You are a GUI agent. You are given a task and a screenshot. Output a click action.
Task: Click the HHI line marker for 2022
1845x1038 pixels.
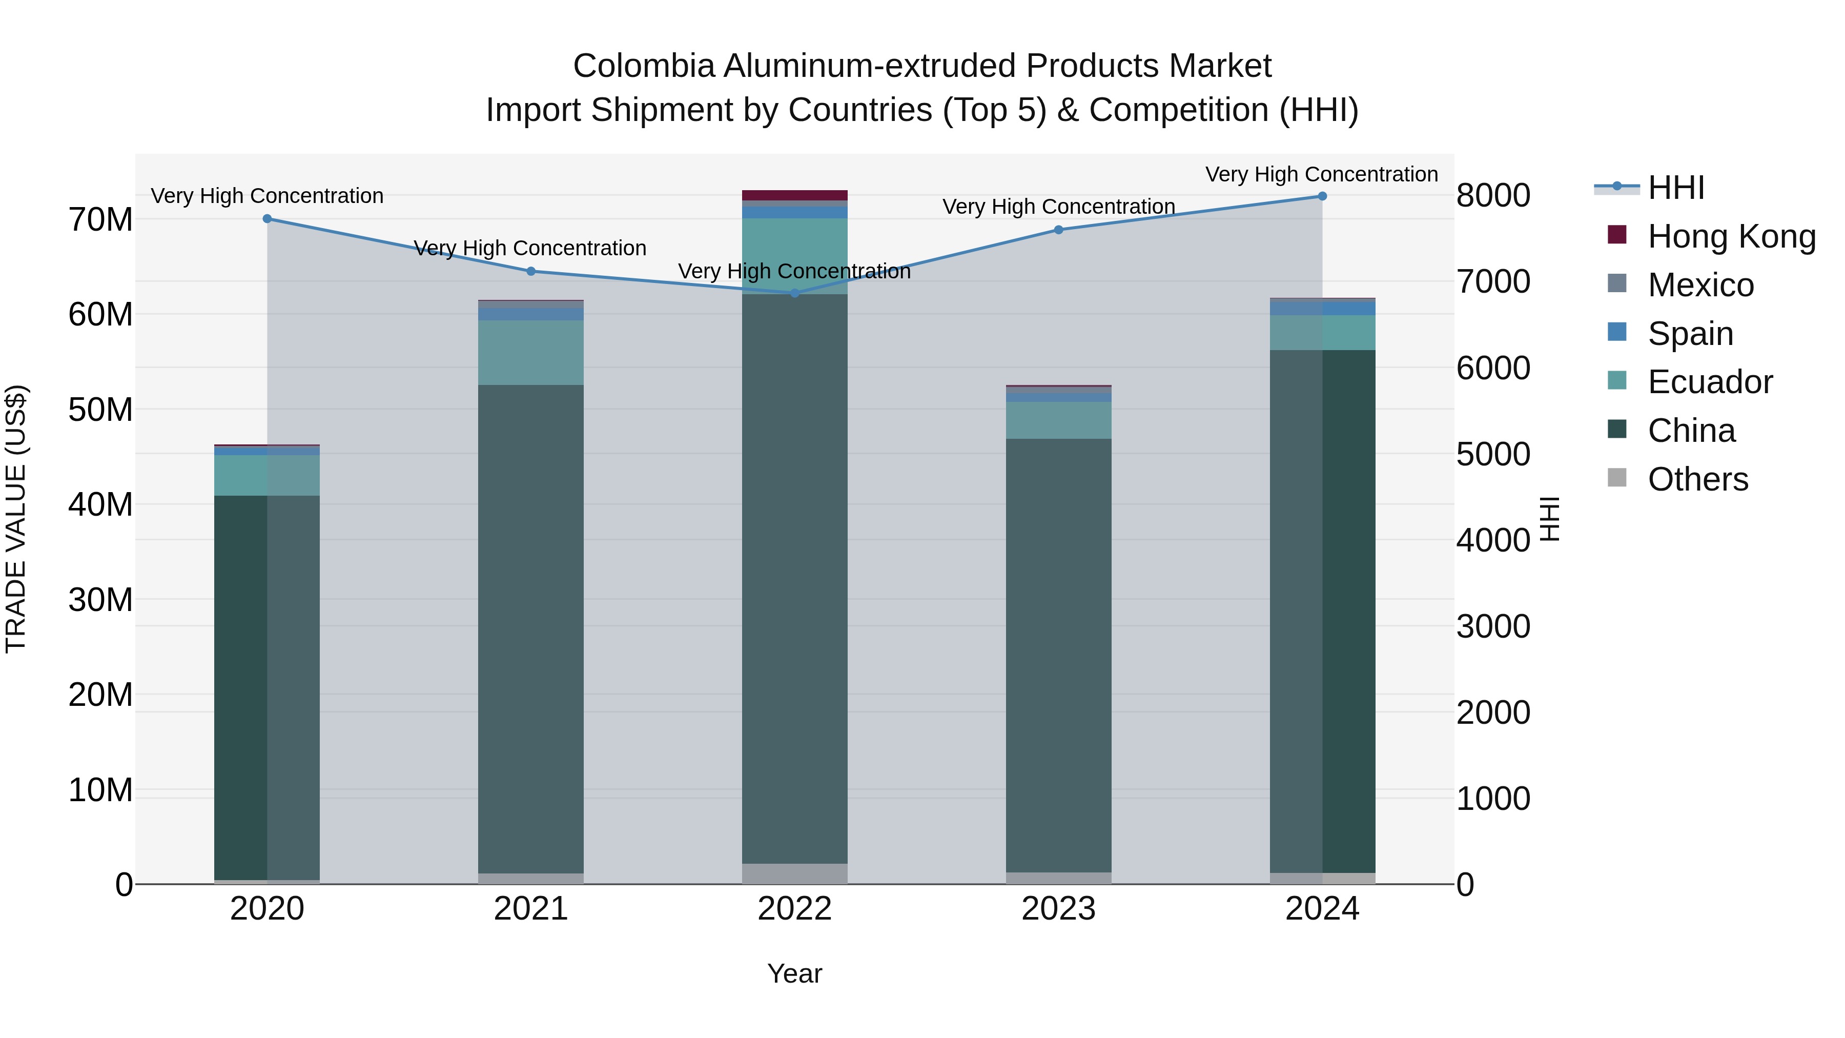(794, 293)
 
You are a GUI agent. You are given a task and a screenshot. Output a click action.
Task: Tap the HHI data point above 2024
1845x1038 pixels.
(1322, 196)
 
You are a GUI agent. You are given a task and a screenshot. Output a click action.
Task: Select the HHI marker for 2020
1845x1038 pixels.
(267, 218)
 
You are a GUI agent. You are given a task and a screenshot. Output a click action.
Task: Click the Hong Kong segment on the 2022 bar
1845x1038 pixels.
(794, 195)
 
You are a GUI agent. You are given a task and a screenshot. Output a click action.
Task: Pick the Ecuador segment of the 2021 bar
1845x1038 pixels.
(531, 353)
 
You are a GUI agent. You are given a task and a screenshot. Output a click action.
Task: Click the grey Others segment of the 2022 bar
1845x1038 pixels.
(794, 874)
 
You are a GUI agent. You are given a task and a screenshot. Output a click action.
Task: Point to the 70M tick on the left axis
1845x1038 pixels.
(100, 219)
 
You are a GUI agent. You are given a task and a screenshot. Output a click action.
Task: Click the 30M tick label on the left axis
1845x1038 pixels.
(100, 600)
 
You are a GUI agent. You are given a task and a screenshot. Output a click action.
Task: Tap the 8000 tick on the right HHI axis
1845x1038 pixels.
(1493, 196)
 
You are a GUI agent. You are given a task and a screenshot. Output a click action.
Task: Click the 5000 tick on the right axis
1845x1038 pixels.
(1493, 454)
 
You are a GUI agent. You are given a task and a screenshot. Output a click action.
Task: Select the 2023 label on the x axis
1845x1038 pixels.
(1059, 909)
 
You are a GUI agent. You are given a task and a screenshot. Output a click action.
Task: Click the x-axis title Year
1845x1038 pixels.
(794, 973)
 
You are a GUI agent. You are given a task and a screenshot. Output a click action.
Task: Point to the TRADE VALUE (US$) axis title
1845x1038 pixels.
(16, 519)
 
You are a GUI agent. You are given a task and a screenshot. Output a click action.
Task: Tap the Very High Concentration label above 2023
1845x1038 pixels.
(1059, 206)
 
